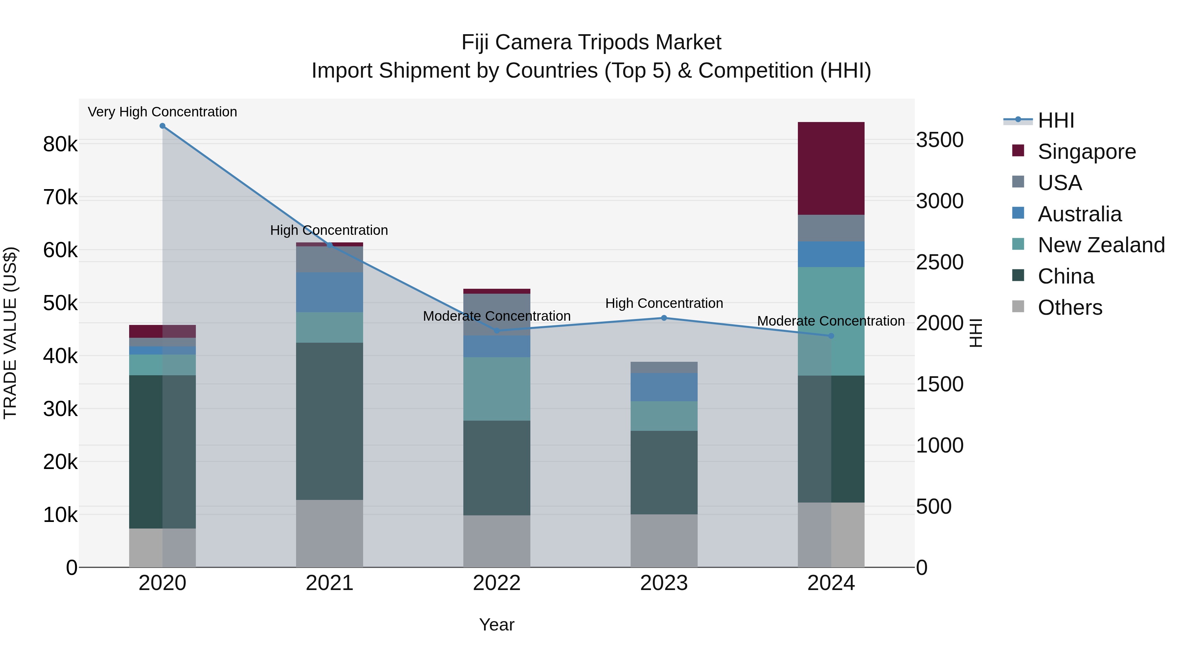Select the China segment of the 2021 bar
pyautogui.click(x=329, y=421)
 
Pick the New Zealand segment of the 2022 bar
pyautogui.click(x=497, y=389)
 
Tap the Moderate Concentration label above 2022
pyautogui.click(x=497, y=316)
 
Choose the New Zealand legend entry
pyautogui.click(x=1101, y=245)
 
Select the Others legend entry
pyautogui.click(x=1070, y=308)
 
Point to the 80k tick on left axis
pyautogui.click(x=60, y=144)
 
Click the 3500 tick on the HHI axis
pyautogui.click(x=939, y=140)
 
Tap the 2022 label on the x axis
pyautogui.click(x=497, y=583)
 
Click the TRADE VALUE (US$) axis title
pyautogui.click(x=10, y=333)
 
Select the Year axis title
pyautogui.click(x=497, y=625)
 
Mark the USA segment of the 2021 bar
pyautogui.click(x=329, y=259)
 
